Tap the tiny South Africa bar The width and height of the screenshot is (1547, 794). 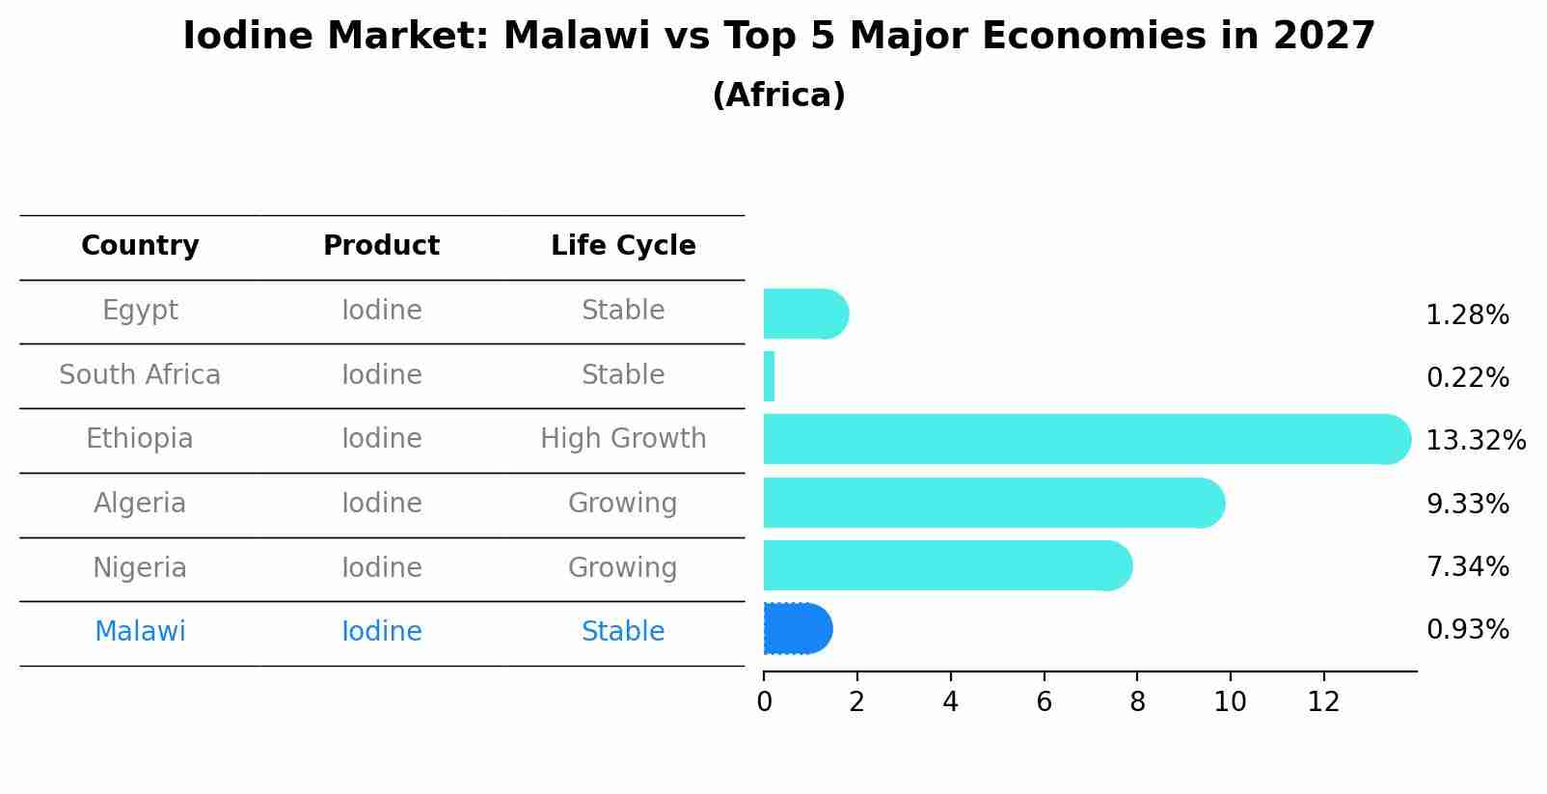point(769,376)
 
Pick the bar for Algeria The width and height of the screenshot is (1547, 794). point(993,503)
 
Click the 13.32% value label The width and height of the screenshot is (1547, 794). point(1475,441)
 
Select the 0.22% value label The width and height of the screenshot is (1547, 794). point(1467,378)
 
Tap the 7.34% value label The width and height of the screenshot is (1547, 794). point(1467,566)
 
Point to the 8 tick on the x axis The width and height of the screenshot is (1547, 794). point(1137,702)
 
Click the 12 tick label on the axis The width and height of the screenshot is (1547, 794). point(1323,702)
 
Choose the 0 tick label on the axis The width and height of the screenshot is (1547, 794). point(764,702)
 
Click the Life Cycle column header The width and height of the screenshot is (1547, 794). point(623,246)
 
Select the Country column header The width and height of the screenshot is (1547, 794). point(140,246)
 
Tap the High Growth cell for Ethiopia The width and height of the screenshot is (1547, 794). point(623,439)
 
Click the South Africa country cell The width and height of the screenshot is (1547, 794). point(140,375)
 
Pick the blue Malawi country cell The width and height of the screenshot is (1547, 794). point(140,632)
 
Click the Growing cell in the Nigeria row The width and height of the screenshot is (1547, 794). point(623,567)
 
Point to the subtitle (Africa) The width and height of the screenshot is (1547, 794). point(778,96)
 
